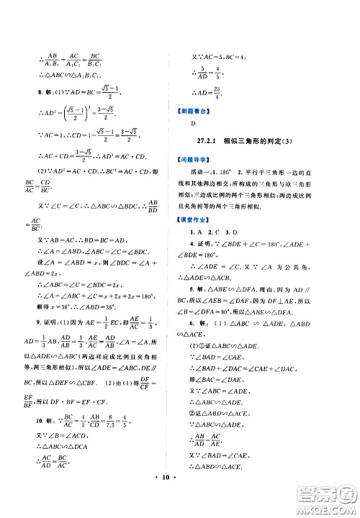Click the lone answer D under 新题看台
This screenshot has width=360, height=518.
coord(194,124)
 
